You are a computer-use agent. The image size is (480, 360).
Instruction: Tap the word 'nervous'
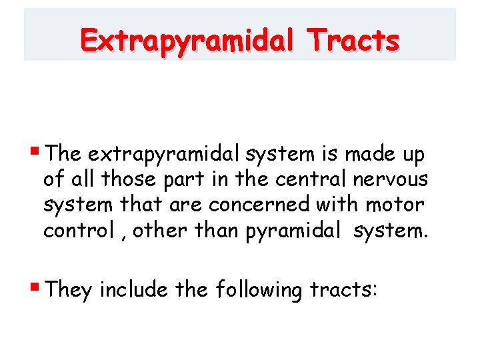[395, 179]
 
